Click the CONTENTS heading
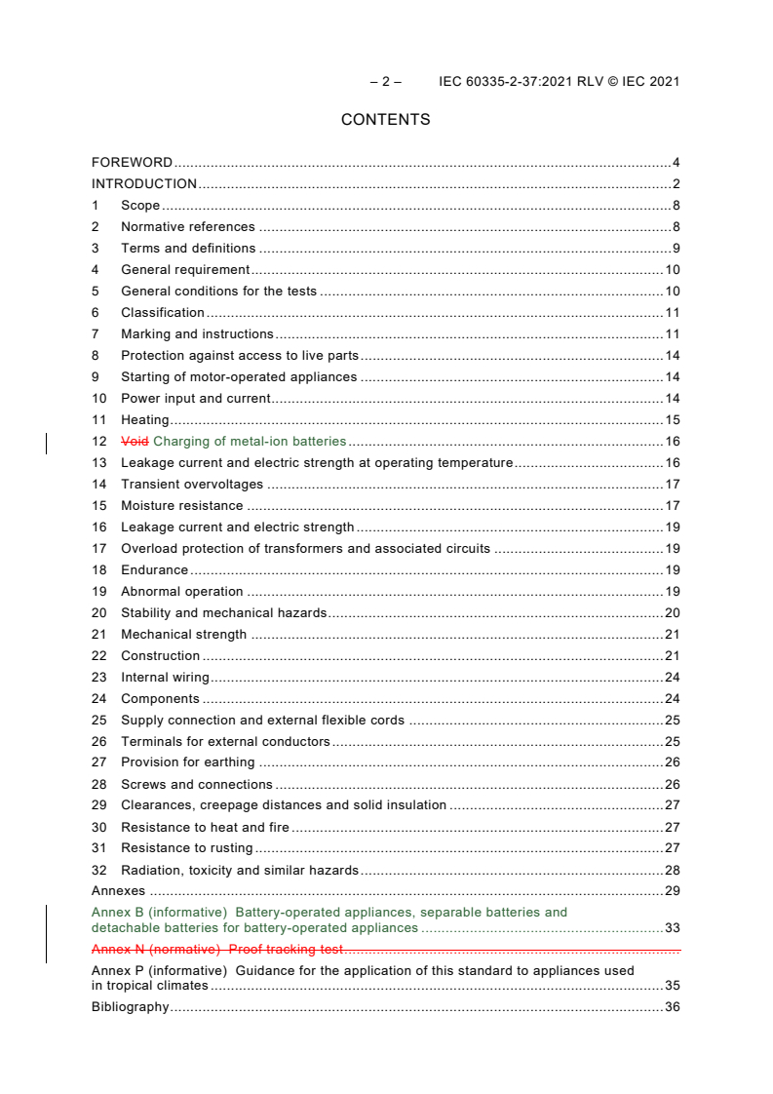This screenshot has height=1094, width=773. click(x=385, y=120)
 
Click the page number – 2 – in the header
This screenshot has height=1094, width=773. click(x=385, y=82)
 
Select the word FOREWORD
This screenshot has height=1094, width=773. click(x=132, y=163)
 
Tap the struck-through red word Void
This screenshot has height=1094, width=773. click(x=135, y=442)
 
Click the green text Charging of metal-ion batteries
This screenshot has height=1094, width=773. click(x=250, y=442)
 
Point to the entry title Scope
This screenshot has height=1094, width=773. click(x=140, y=206)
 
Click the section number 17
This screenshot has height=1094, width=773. click(x=98, y=549)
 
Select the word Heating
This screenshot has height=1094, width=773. click(x=144, y=420)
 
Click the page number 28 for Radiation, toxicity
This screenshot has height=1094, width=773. click(x=672, y=871)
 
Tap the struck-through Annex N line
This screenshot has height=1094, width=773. click(x=216, y=949)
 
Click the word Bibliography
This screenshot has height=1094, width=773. click(x=130, y=1007)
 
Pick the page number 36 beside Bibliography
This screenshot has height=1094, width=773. click(x=672, y=1007)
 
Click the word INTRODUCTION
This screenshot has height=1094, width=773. click(x=144, y=184)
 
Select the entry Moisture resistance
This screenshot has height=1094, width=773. click(x=181, y=506)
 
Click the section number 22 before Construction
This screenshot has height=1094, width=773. click(x=98, y=656)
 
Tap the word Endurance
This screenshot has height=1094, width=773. click(x=154, y=570)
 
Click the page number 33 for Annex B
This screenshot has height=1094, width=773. click(x=672, y=928)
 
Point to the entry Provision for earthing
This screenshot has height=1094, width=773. click(x=187, y=762)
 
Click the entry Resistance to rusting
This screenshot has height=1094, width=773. click(x=186, y=848)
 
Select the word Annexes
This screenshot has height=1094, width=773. click(x=118, y=891)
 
